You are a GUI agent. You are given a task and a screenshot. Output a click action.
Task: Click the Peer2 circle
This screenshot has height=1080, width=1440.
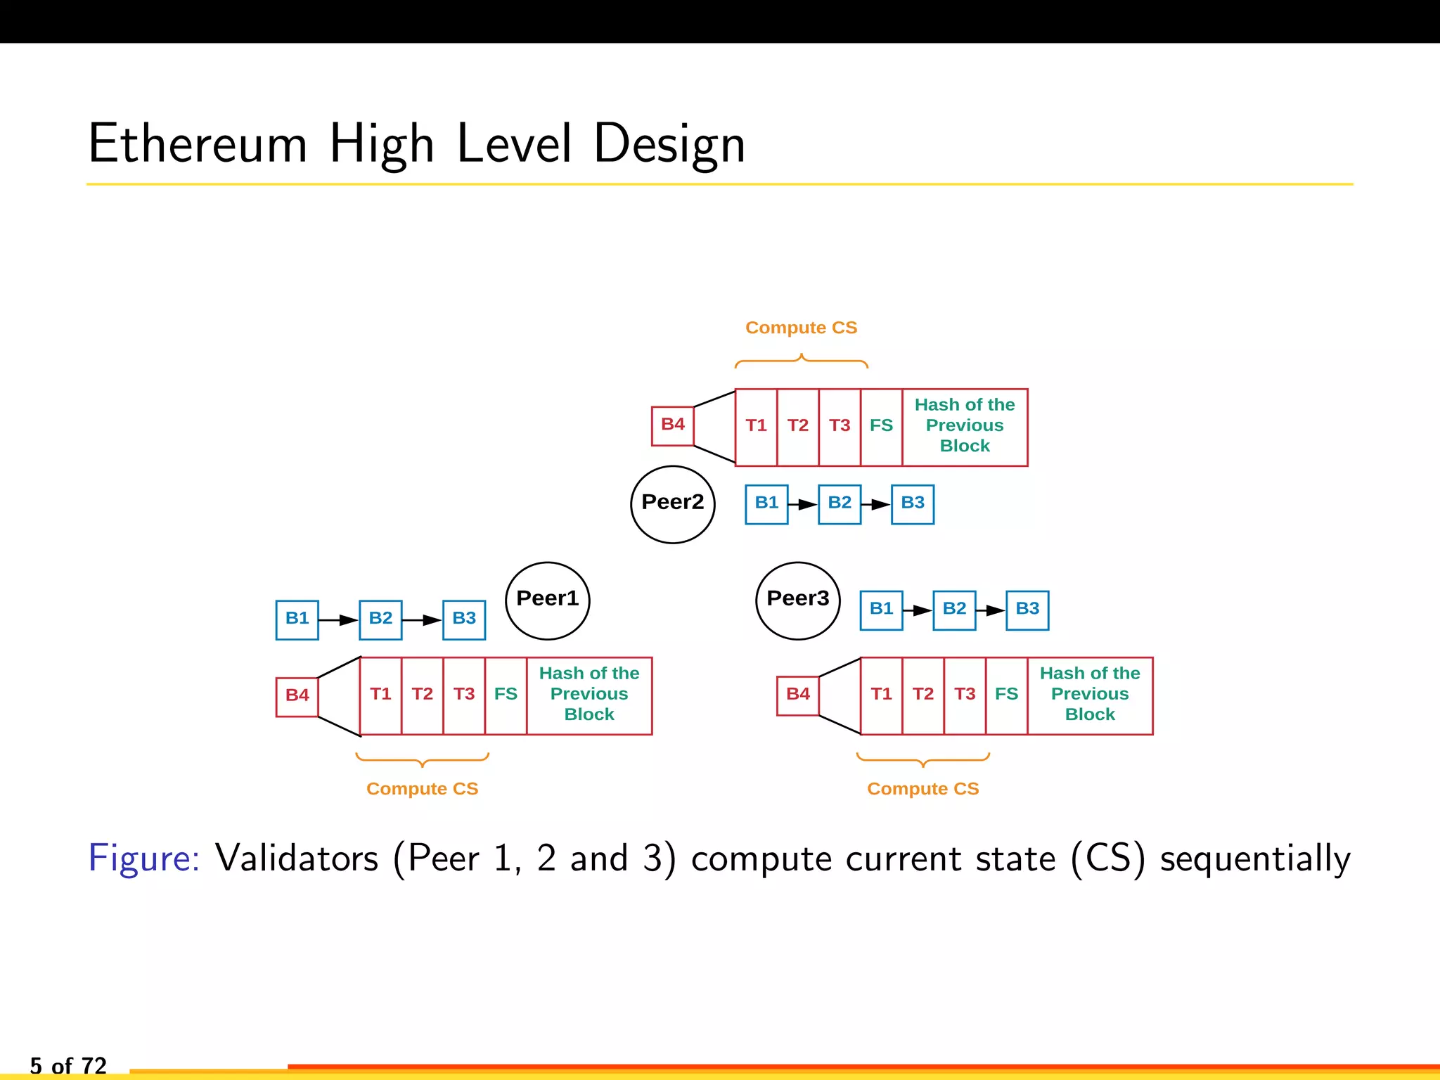click(x=672, y=504)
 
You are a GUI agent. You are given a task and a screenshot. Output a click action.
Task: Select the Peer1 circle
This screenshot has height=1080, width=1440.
click(x=547, y=600)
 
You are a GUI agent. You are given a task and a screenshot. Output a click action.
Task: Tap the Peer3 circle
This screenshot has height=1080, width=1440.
click(x=797, y=600)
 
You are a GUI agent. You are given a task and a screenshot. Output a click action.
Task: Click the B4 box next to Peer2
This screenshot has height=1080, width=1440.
click(x=672, y=425)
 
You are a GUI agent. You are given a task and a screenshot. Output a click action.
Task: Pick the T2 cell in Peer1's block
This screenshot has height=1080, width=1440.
click(x=422, y=695)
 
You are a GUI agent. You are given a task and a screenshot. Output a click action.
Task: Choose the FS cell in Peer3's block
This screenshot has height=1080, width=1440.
click(x=1006, y=695)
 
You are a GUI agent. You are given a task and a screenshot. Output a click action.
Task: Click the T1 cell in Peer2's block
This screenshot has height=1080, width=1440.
click(x=756, y=426)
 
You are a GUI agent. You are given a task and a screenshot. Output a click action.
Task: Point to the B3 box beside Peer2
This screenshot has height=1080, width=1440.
click(x=912, y=503)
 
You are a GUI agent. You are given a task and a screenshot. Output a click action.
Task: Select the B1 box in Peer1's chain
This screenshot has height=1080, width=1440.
click(x=297, y=619)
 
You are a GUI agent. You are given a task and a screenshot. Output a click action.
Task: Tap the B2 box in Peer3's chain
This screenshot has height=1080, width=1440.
click(x=953, y=609)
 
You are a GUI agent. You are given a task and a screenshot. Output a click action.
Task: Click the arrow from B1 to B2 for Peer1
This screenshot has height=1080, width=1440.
click(x=338, y=619)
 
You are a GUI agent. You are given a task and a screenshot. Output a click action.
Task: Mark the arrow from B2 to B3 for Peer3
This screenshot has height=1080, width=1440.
click(x=991, y=610)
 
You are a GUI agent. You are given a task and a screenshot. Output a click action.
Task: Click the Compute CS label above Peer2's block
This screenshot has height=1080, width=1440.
click(x=801, y=328)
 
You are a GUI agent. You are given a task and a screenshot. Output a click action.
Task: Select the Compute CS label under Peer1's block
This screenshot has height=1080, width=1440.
click(x=422, y=789)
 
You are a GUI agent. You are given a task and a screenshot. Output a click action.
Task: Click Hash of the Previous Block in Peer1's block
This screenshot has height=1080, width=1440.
click(x=589, y=694)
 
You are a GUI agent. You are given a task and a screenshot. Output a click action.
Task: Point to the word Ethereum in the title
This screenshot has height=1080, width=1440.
click(x=198, y=144)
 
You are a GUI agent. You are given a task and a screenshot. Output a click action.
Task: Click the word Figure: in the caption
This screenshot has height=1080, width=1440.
click(x=144, y=858)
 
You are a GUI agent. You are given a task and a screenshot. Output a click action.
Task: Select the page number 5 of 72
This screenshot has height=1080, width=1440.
click(x=68, y=1065)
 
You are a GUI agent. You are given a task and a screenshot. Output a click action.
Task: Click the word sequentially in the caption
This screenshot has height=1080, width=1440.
click(x=1254, y=859)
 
